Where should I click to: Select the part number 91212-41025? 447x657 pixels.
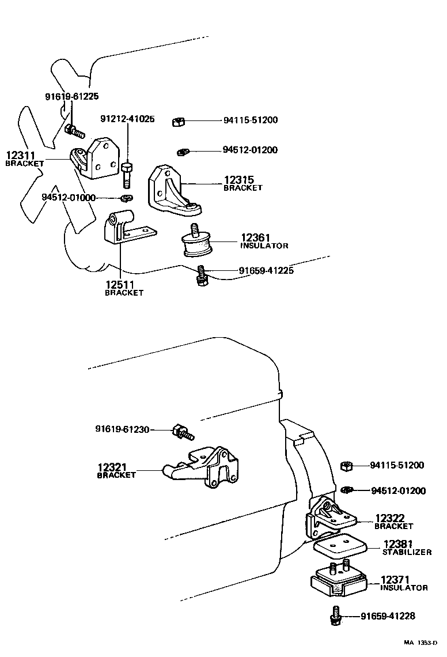(127, 119)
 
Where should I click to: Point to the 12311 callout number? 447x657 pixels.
(21, 155)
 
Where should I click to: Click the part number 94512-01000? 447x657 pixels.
(68, 197)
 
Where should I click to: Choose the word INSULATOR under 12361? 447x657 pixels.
(264, 246)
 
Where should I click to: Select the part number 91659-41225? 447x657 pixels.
(266, 270)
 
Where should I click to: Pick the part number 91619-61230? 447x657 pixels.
(122, 429)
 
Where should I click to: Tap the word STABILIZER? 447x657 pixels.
(407, 552)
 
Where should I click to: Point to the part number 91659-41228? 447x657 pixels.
(388, 616)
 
